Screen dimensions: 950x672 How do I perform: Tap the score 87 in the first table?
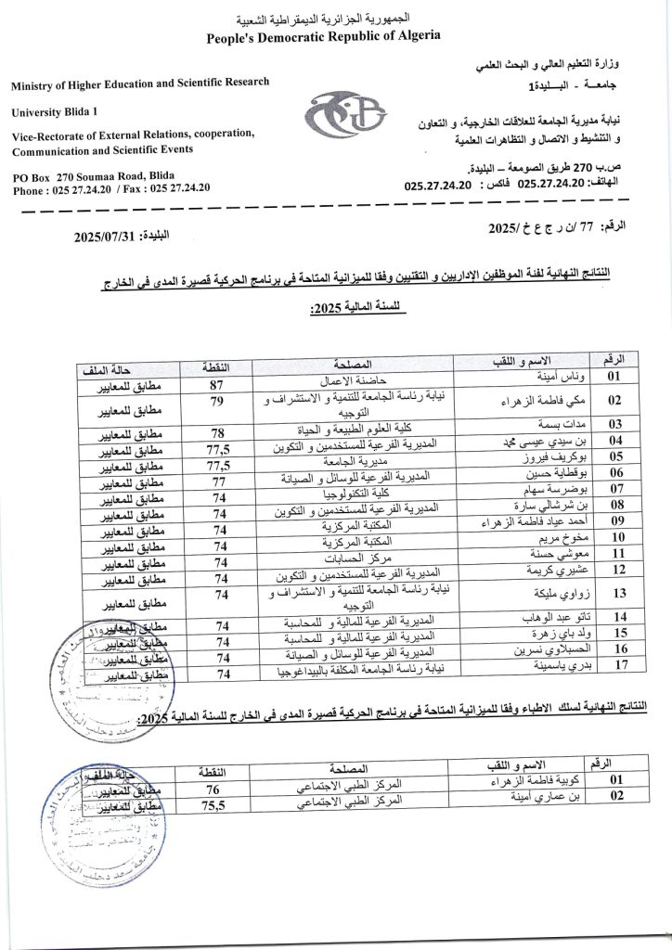pyautogui.click(x=219, y=383)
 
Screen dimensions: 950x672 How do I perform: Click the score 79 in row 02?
pyautogui.click(x=219, y=402)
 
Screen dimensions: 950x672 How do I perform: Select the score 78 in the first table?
pyautogui.click(x=219, y=432)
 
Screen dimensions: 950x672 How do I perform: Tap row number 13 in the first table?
pyautogui.click(x=614, y=592)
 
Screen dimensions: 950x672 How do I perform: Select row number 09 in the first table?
pyautogui.click(x=614, y=523)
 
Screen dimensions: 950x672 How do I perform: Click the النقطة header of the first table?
pyautogui.click(x=221, y=366)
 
